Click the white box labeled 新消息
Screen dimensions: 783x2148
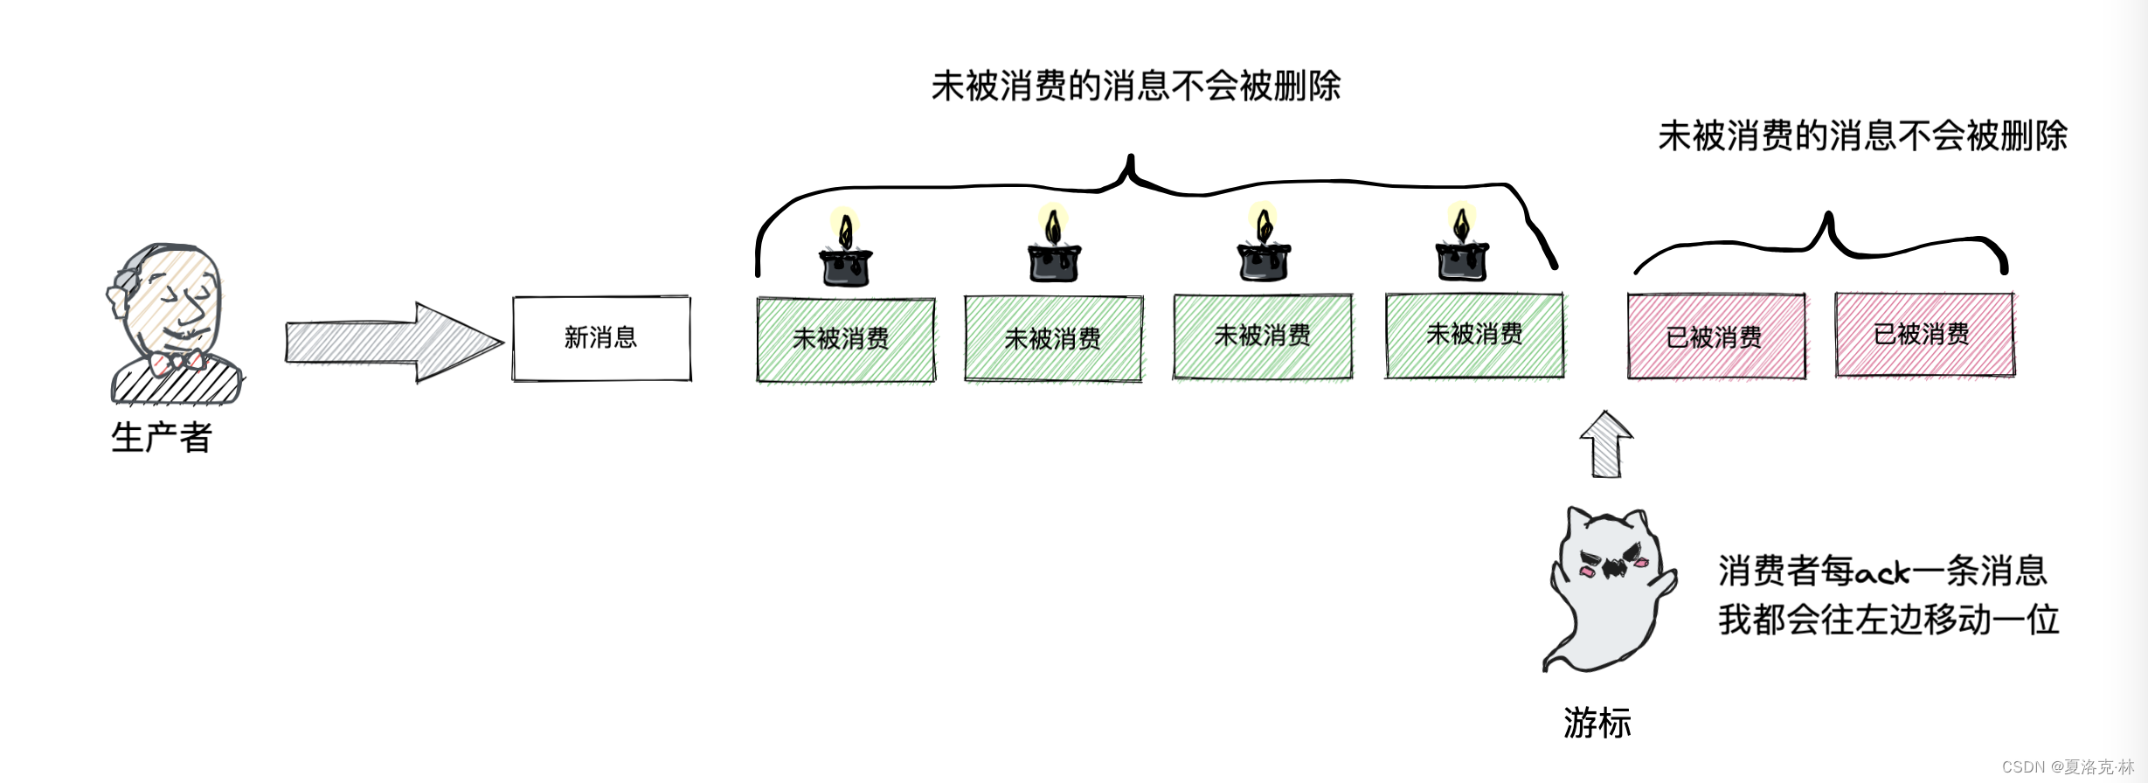[x=601, y=338]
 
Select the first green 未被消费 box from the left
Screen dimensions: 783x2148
[x=845, y=339]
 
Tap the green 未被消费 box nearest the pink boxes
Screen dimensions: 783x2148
[x=1474, y=336]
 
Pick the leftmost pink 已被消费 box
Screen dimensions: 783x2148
[x=1715, y=336]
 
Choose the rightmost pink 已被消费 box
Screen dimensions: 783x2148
[x=1923, y=335]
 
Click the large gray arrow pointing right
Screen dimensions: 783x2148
[x=393, y=342]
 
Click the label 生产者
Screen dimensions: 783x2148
[x=162, y=437]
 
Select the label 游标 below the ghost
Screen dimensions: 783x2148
[x=1597, y=723]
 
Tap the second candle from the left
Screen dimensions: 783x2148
[x=1054, y=248]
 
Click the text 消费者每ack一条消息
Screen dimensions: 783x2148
[x=1881, y=572]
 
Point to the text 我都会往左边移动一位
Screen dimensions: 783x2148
[x=1888, y=620]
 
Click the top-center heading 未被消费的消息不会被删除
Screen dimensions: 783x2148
[x=1135, y=86]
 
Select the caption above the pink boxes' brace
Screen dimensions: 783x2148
[x=1862, y=135]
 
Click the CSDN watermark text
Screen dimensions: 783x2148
[x=2067, y=766]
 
